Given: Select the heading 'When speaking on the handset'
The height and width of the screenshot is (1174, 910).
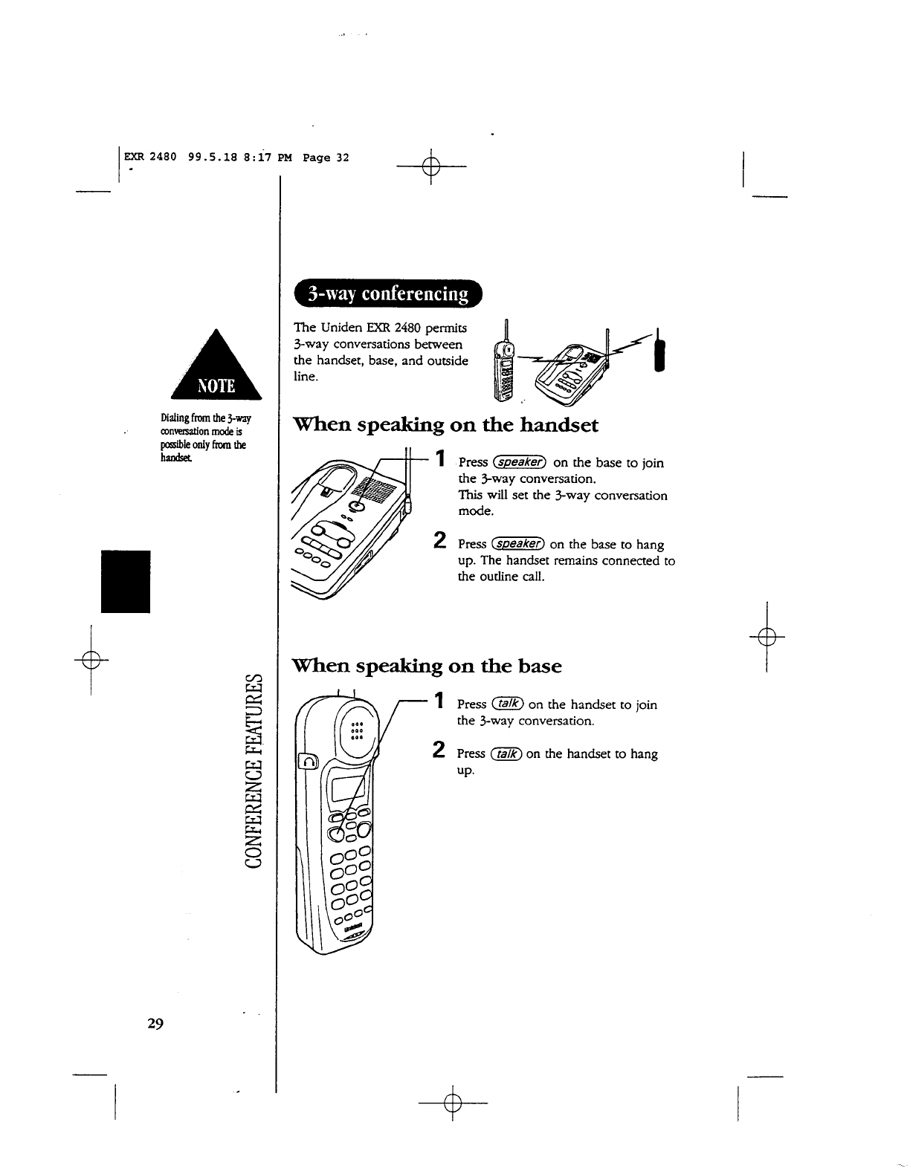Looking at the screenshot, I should tap(446, 425).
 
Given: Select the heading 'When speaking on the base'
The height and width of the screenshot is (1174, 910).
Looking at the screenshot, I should tap(427, 665).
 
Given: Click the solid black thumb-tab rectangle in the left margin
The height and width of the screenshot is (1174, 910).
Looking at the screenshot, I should tap(126, 581).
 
